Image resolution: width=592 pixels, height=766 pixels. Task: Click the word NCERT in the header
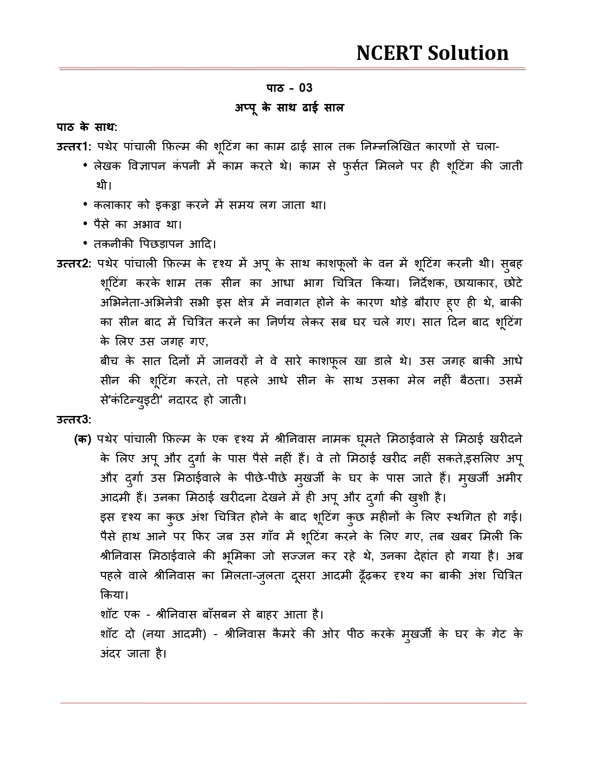coord(388,53)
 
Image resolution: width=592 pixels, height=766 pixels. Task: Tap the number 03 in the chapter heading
coord(306,88)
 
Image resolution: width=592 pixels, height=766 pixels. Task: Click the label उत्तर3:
coord(74,420)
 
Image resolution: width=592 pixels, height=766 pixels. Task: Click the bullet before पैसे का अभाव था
coord(85,224)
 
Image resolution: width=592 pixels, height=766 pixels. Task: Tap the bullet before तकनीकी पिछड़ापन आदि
coord(85,243)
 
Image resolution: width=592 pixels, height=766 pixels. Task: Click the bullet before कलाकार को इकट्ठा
coord(85,204)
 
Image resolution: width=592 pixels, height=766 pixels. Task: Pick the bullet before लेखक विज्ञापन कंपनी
coord(85,165)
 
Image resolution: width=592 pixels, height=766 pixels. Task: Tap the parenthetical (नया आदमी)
coord(174,634)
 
